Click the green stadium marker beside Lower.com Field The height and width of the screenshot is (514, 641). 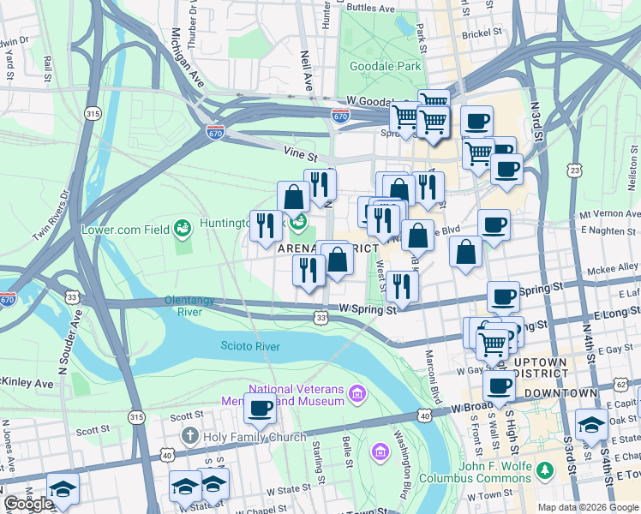click(x=182, y=229)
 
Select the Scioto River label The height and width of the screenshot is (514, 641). click(x=250, y=346)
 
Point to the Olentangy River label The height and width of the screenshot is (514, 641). click(x=196, y=306)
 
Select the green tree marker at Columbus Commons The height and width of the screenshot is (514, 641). click(x=542, y=470)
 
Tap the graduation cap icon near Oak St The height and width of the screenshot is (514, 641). click(x=591, y=424)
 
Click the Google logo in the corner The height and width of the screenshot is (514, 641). click(x=29, y=504)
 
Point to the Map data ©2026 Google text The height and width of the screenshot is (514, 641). click(x=587, y=507)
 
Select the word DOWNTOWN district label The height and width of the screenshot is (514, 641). click(x=560, y=392)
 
